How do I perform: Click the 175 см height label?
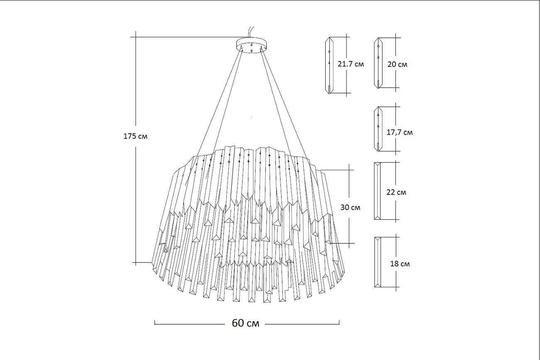135,136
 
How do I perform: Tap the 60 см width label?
245,323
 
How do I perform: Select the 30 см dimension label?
350,207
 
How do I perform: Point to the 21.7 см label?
351,64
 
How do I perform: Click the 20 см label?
397,64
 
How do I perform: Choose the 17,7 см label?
400,132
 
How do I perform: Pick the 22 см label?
396,192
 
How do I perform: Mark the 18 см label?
400,264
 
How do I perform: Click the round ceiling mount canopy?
251,45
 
